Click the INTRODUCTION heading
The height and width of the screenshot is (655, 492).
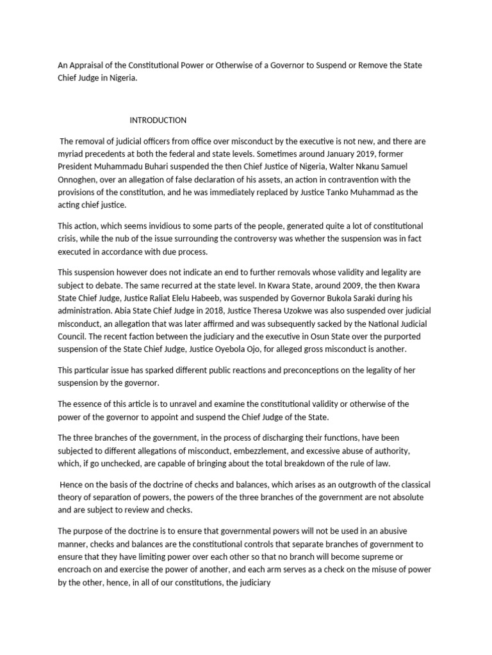158,120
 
